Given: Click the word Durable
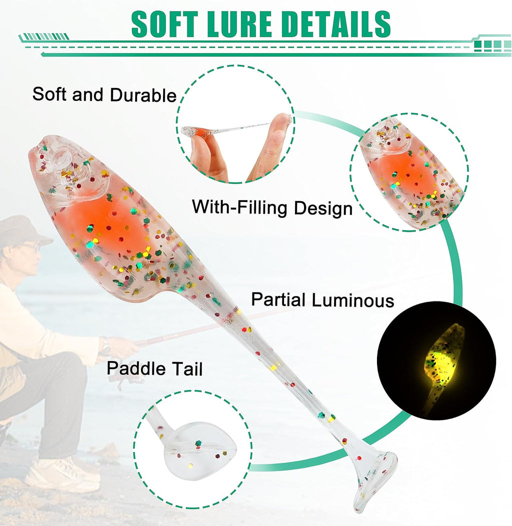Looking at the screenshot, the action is (143, 95).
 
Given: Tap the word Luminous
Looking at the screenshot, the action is (352, 300).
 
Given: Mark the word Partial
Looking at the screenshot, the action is (278, 299).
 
